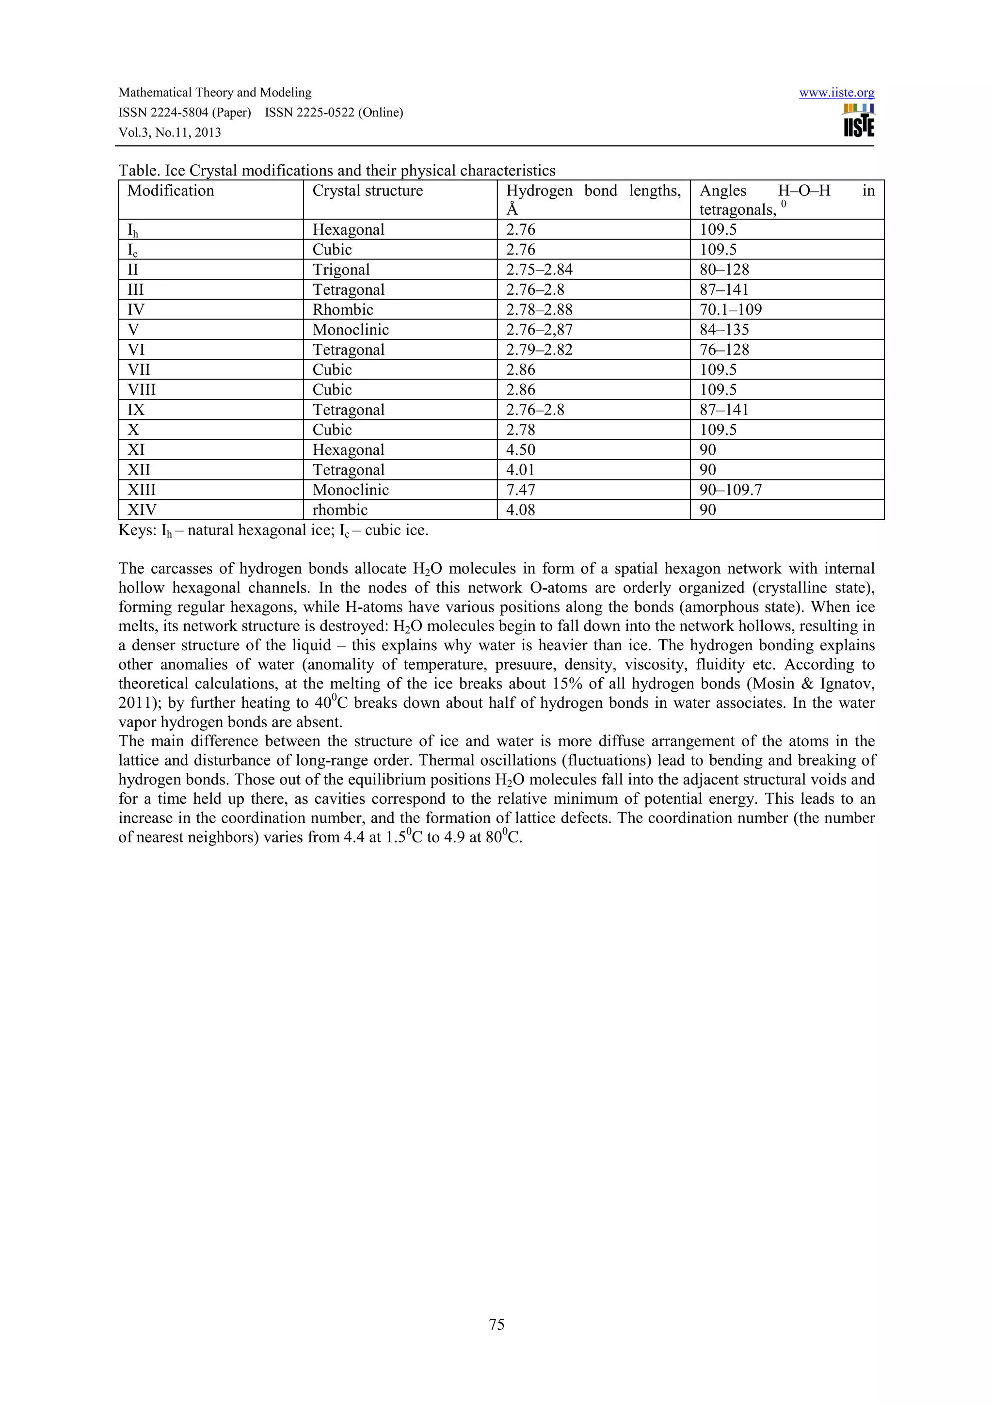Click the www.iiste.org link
836,93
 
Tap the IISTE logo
858,121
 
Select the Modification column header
171,191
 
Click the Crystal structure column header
367,191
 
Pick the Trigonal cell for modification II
341,270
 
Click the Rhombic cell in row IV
343,310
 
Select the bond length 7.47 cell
520,490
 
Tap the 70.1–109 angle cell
731,310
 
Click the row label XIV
141,510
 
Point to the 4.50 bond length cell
520,450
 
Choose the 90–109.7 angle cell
731,490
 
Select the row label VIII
141,390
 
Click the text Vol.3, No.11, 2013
170,133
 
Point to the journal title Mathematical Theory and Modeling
215,93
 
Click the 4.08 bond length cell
520,510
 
